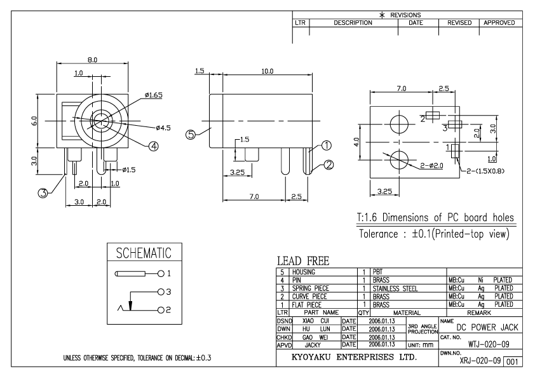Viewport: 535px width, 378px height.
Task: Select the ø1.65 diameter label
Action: point(154,95)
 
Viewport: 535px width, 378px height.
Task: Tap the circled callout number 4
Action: point(153,145)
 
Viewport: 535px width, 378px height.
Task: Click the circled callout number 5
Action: point(191,134)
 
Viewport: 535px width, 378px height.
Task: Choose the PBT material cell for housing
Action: point(377,271)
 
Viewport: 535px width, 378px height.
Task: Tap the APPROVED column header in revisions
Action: point(502,22)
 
